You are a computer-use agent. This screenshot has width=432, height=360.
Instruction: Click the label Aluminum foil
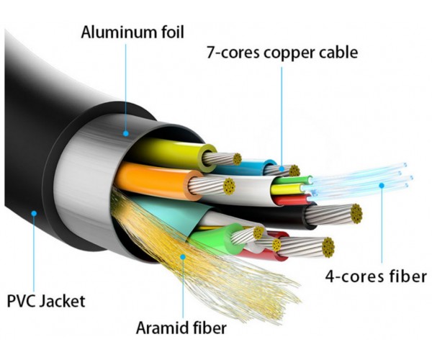click(x=132, y=32)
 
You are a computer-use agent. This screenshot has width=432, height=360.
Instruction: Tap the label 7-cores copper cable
click(x=282, y=53)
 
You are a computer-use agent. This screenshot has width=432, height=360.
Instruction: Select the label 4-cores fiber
click(x=376, y=276)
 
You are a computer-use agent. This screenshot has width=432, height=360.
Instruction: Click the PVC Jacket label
click(x=46, y=300)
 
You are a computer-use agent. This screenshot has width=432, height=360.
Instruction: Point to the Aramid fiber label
click(x=181, y=328)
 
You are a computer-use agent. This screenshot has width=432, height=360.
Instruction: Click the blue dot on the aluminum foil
click(x=126, y=134)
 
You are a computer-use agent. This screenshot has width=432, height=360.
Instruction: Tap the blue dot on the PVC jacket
click(x=34, y=213)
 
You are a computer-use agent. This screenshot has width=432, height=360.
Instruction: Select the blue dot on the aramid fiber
click(x=183, y=257)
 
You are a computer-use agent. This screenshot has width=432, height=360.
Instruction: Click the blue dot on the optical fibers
click(x=382, y=185)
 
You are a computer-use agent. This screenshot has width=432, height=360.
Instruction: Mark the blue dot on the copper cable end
click(x=282, y=168)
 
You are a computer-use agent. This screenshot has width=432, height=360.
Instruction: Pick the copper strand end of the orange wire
click(x=229, y=186)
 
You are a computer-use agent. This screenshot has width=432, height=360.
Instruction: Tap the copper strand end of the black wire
click(x=356, y=214)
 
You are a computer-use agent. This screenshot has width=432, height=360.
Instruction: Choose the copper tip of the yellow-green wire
click(x=237, y=159)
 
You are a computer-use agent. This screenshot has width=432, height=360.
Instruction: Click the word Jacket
click(x=62, y=300)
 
